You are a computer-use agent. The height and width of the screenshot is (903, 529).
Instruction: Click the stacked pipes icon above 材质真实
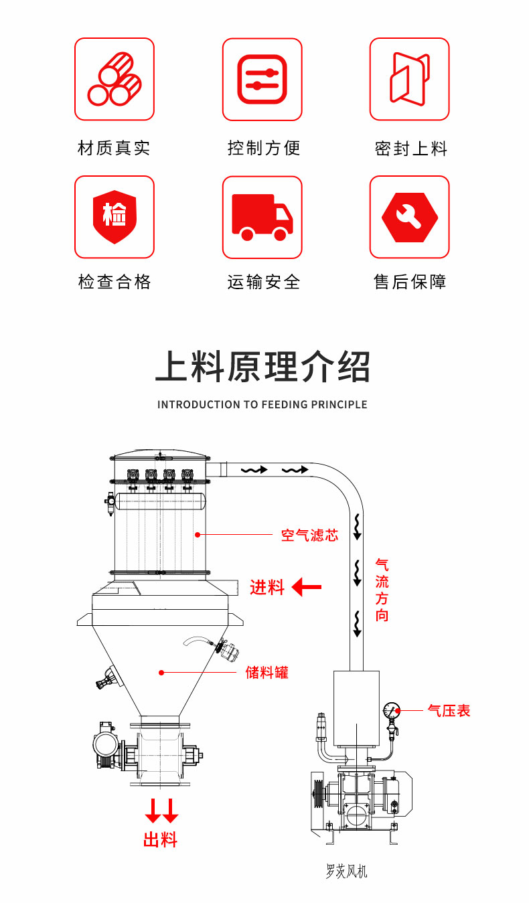click(115, 79)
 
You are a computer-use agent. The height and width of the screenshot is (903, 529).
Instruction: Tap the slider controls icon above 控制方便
click(262, 79)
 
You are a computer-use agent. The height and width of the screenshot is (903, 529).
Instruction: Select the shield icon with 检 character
click(115, 216)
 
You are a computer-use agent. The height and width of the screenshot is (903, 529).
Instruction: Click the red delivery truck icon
click(262, 217)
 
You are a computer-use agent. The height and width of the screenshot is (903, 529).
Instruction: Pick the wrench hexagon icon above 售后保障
click(409, 217)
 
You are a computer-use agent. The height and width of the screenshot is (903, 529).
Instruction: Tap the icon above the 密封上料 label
click(409, 79)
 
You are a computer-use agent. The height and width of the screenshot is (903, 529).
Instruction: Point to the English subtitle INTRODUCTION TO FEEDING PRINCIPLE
click(262, 404)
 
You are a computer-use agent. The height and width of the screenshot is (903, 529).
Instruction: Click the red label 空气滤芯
click(309, 535)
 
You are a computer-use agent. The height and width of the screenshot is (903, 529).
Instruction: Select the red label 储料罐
click(267, 672)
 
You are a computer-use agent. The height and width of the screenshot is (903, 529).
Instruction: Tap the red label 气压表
click(449, 710)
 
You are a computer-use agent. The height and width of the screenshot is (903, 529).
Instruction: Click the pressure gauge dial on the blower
click(392, 710)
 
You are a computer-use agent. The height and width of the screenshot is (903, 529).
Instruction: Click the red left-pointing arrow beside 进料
click(307, 588)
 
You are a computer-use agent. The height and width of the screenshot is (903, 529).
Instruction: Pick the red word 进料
click(267, 588)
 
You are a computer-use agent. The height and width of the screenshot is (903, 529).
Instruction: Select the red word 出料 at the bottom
click(161, 839)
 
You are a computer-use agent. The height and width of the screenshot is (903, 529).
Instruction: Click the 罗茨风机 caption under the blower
click(346, 872)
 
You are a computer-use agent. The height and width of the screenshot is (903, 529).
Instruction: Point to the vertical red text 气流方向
click(382, 590)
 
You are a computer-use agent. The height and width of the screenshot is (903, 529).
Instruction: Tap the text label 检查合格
click(115, 282)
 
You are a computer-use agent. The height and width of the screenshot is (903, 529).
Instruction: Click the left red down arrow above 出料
click(153, 811)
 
